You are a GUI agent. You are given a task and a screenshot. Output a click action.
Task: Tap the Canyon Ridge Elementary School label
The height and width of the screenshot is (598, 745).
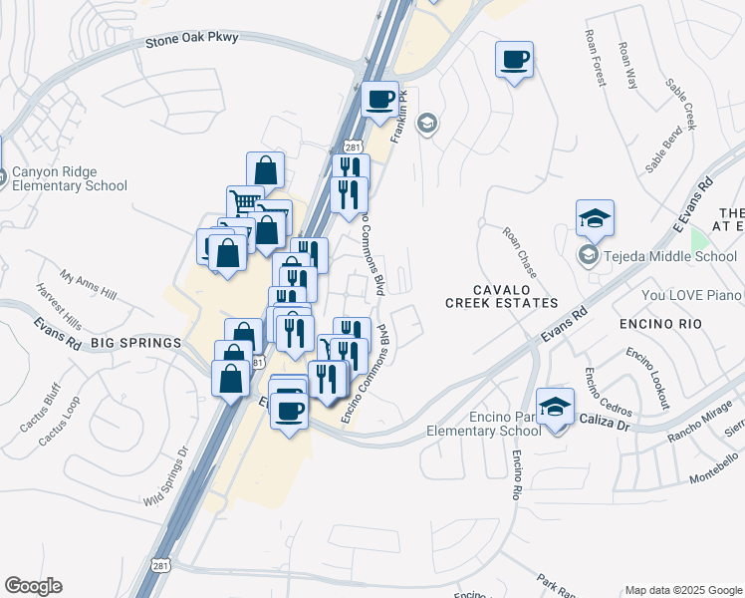coord(70,178)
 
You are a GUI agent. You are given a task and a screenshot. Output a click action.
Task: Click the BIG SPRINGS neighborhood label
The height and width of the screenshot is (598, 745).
coord(136,343)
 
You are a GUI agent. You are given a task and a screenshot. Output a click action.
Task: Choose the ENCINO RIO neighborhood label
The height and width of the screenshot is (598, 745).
coord(660,324)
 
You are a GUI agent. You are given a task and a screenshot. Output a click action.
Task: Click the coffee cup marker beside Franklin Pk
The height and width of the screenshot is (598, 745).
coord(379,100)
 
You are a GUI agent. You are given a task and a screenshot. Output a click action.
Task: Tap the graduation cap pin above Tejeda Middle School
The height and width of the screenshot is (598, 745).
coord(595,218)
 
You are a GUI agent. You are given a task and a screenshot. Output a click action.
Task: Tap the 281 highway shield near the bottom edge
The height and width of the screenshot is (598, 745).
coord(161,565)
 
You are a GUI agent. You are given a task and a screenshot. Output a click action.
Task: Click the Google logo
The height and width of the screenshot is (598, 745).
coord(33,586)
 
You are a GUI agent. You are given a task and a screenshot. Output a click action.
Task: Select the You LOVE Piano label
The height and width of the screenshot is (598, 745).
coord(692,295)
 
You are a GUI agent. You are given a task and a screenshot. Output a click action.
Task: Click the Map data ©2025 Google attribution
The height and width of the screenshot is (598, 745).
coord(682,590)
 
